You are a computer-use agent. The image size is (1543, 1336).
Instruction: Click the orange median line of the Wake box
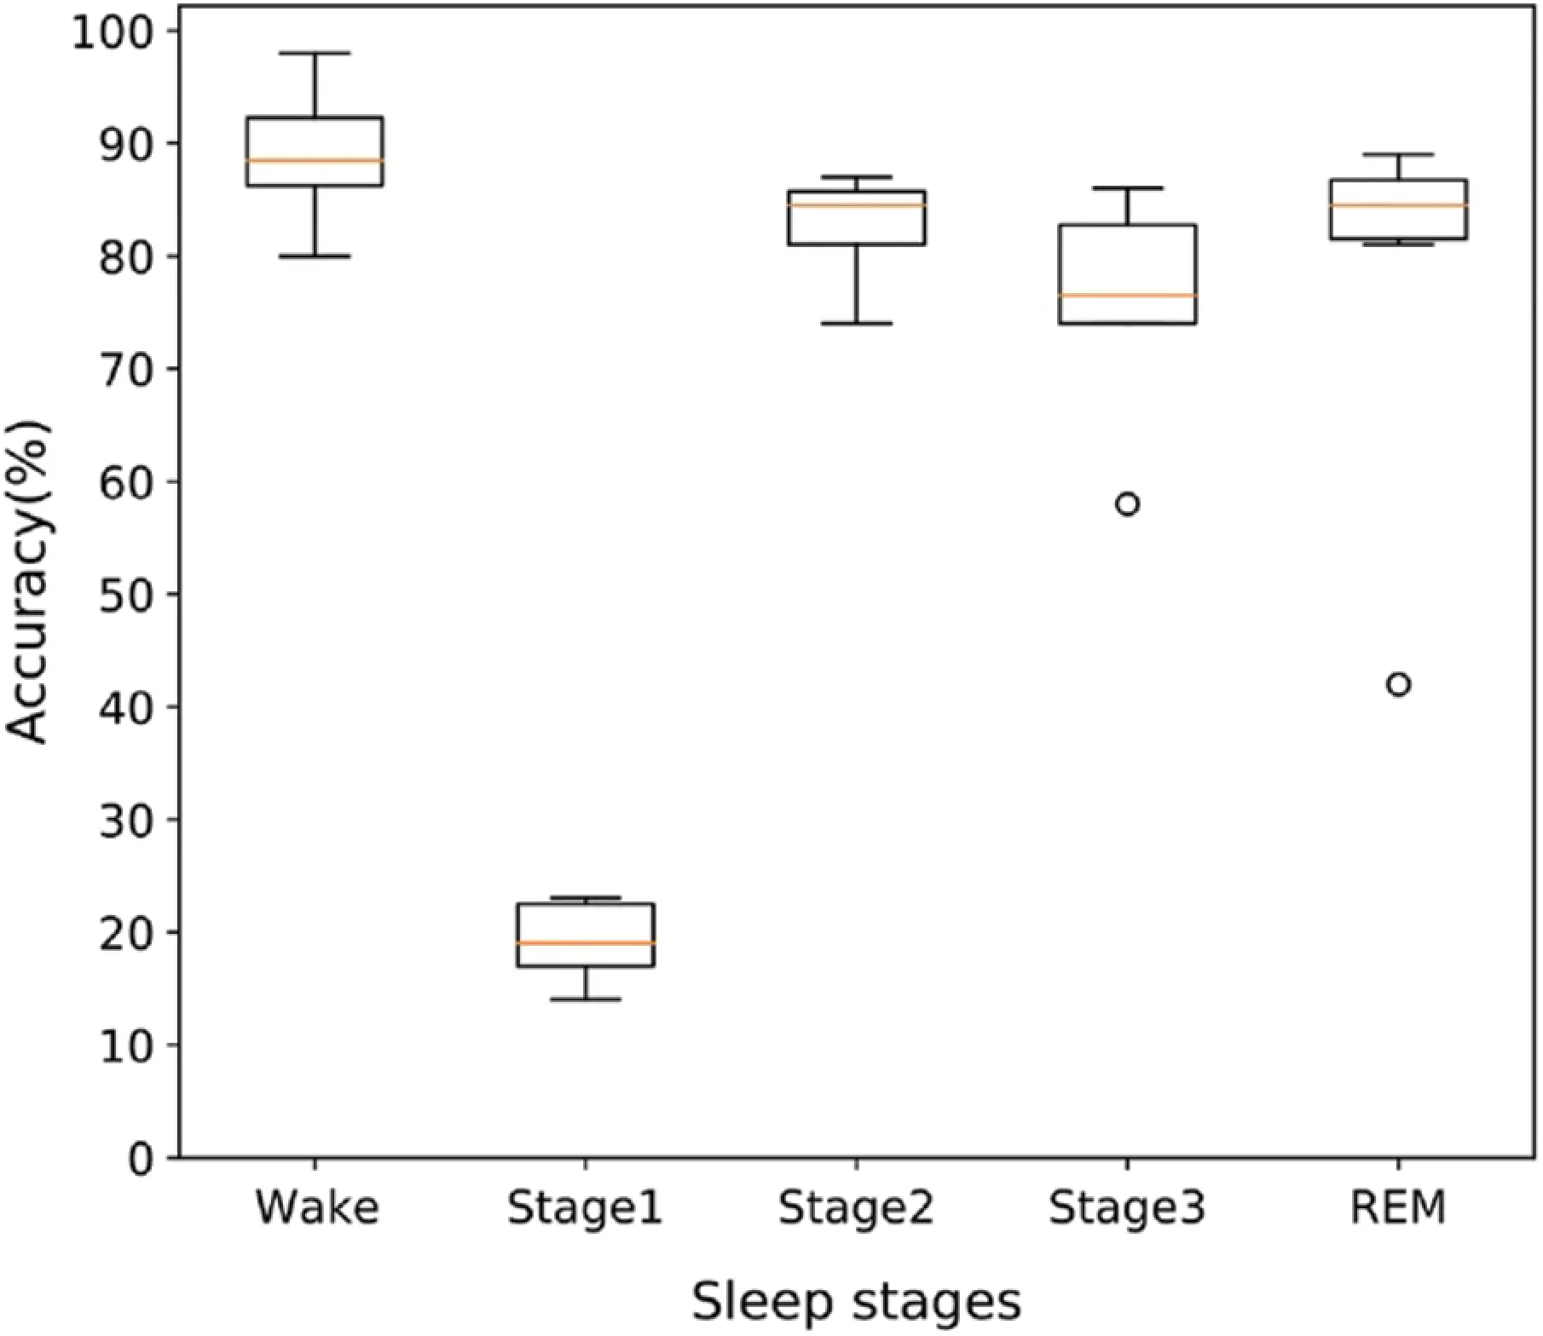click(x=315, y=160)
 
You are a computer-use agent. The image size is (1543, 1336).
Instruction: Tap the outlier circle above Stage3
click(x=1127, y=504)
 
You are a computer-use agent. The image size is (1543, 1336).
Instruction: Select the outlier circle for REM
click(x=1398, y=684)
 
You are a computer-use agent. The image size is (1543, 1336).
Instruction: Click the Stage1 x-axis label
click(x=585, y=1207)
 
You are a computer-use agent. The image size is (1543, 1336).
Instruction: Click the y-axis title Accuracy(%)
click(x=28, y=584)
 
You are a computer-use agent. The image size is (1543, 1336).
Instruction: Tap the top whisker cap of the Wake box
click(x=315, y=53)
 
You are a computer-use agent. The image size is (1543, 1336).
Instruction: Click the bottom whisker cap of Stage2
click(x=856, y=324)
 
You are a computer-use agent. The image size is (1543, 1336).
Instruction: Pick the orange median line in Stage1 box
click(x=586, y=943)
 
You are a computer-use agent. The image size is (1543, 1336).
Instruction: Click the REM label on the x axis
click(x=1398, y=1207)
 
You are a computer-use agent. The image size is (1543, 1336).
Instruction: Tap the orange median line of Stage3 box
click(x=1127, y=296)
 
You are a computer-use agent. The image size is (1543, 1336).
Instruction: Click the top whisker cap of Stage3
click(x=1127, y=187)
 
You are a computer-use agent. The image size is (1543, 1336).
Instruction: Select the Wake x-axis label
click(x=317, y=1207)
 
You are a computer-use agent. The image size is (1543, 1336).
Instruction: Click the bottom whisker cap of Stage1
click(x=586, y=999)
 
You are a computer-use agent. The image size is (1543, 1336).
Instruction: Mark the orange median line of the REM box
click(x=1398, y=205)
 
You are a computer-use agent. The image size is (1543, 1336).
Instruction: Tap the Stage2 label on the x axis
click(x=856, y=1207)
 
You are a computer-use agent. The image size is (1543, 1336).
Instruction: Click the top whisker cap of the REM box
click(x=1398, y=154)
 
